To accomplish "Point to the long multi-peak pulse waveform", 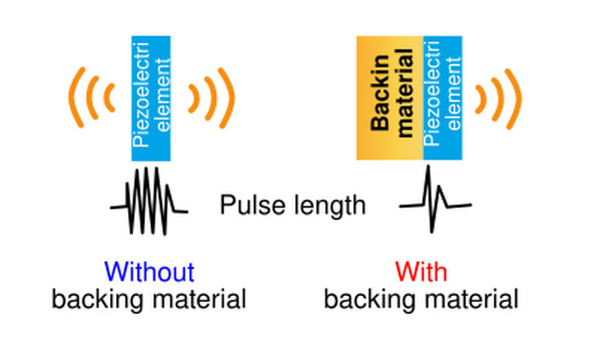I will tap(149, 200).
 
